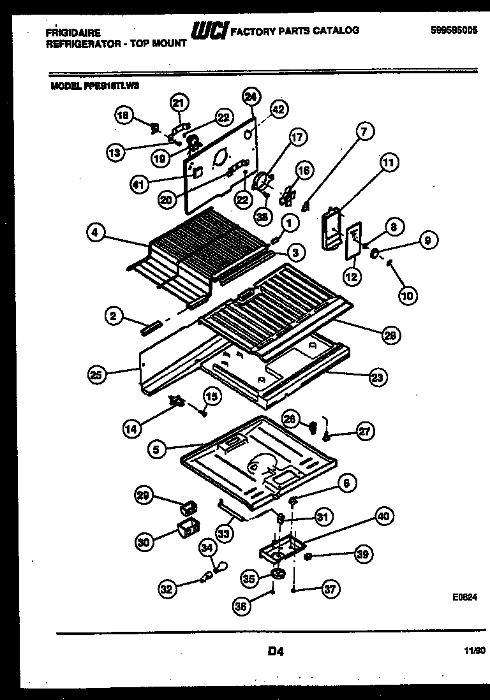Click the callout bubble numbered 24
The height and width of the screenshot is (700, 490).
(250, 97)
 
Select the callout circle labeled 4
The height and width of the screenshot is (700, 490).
(95, 233)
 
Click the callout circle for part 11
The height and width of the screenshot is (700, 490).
(389, 163)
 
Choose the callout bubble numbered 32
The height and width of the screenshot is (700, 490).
(167, 590)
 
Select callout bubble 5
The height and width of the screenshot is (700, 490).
(157, 449)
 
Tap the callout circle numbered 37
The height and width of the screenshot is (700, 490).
(330, 590)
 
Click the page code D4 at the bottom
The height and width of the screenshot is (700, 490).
(275, 651)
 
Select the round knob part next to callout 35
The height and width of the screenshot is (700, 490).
(278, 576)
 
